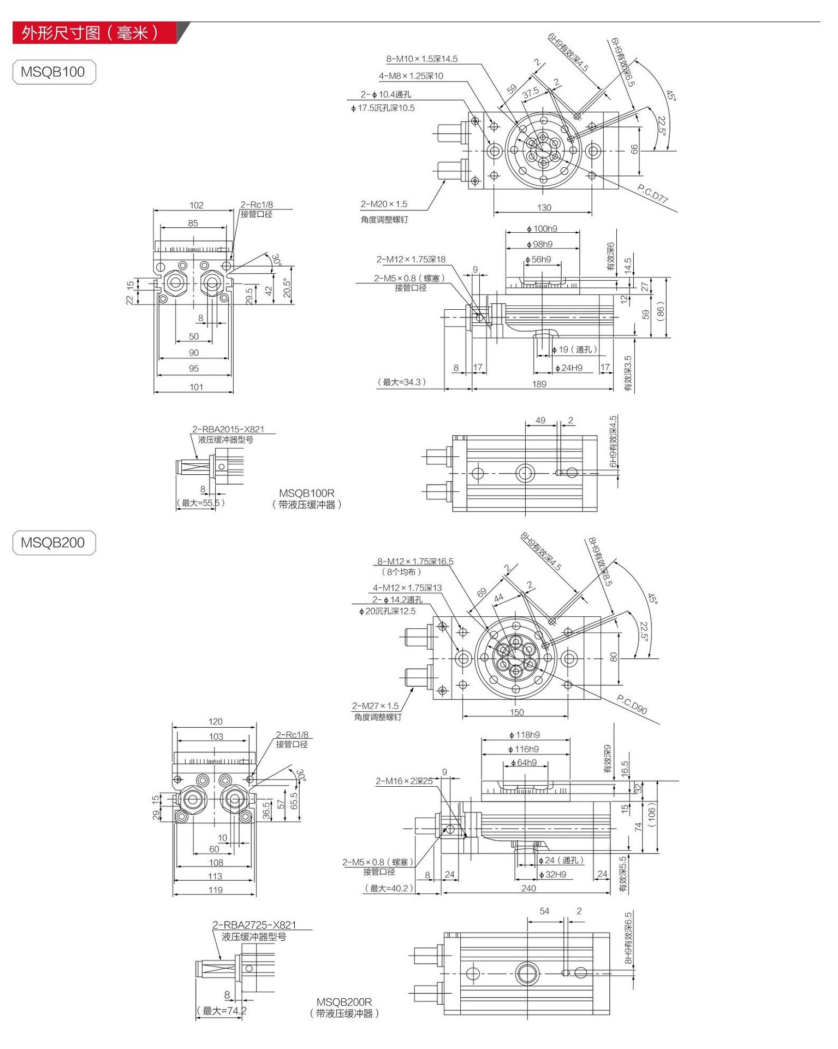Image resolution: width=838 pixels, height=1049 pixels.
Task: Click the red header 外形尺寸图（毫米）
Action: [x=90, y=33]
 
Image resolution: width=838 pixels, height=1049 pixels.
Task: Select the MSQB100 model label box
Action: [x=54, y=72]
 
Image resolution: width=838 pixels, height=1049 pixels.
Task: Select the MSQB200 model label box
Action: [x=54, y=543]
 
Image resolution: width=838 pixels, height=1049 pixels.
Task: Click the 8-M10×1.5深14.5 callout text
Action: [x=421, y=59]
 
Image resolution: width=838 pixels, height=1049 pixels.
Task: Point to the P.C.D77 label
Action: [x=653, y=194]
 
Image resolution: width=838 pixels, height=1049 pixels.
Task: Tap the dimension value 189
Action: [x=539, y=384]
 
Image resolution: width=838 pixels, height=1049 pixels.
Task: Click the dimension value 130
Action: [x=544, y=208]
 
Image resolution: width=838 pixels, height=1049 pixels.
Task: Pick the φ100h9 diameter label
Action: [x=542, y=229]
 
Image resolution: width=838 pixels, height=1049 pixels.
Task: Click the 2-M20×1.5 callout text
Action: [x=384, y=204]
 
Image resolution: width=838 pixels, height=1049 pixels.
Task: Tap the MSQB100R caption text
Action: [x=306, y=493]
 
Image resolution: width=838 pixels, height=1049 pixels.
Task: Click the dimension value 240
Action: [x=528, y=888]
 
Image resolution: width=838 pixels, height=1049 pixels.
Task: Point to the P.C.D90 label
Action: [x=632, y=704]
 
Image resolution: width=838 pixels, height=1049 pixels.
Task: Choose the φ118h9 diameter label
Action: [x=524, y=735]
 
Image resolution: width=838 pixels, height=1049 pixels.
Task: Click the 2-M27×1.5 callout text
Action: [x=376, y=706]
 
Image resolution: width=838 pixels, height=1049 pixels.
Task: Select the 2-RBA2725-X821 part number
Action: [x=254, y=925]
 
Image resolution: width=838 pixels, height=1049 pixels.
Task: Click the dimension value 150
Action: [x=516, y=712]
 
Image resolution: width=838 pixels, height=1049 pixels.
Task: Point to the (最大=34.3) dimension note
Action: [x=401, y=382]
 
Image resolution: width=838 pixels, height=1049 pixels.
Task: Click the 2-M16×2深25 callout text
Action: [x=404, y=781]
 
